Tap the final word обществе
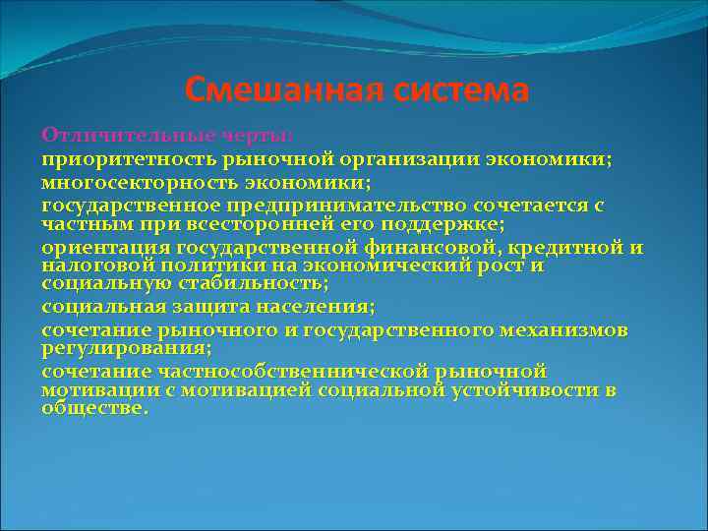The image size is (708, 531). (94, 408)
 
